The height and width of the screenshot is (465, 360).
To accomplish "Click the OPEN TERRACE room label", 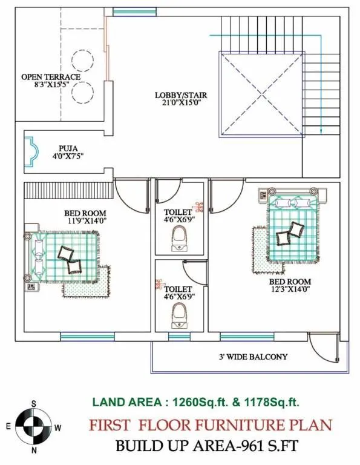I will (x=51, y=77).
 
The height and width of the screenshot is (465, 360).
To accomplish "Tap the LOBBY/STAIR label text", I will (x=178, y=94).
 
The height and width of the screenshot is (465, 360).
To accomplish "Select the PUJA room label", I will (x=68, y=148).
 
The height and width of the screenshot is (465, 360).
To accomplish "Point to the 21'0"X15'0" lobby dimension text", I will (x=178, y=103).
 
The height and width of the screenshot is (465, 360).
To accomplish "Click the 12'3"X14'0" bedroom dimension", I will (x=290, y=289).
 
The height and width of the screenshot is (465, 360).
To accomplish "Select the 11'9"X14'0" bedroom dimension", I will (x=85, y=221).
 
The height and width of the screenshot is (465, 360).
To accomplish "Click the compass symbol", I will (x=34, y=427).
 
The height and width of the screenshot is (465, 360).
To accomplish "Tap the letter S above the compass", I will (x=34, y=404).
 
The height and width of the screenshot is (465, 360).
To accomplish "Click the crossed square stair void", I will (x=260, y=94).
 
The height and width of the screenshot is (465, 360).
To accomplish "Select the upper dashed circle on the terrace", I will (x=82, y=60).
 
